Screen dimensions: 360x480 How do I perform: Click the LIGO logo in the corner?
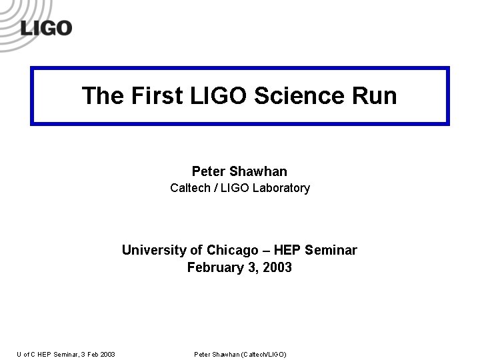[x=45, y=27]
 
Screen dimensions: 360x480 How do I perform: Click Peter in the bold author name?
[x=208, y=172]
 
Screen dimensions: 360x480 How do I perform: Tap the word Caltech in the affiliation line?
[x=190, y=188]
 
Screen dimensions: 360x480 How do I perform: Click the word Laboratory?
[x=281, y=188]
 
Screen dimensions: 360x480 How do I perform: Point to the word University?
[x=154, y=251]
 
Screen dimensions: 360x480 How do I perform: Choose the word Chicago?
[x=232, y=251]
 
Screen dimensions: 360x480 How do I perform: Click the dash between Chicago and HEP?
[x=266, y=251]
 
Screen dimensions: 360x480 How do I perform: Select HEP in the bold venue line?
[x=287, y=251]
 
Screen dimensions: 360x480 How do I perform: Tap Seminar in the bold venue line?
[x=331, y=251]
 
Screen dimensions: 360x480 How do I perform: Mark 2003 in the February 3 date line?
[x=277, y=268]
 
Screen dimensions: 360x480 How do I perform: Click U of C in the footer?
[x=27, y=354]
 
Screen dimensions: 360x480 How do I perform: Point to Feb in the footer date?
[x=93, y=354]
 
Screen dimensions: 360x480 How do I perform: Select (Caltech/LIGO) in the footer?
[x=263, y=354]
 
